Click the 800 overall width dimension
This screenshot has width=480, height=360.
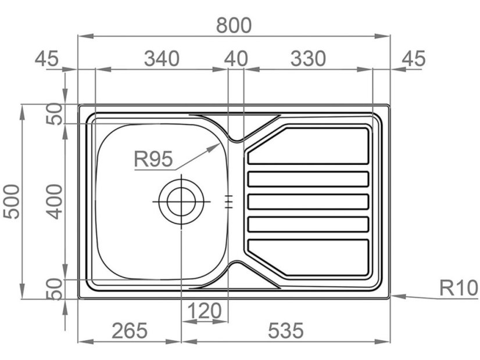[234, 26]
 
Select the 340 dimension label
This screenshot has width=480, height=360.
[162, 59]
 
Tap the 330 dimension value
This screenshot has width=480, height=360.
[308, 59]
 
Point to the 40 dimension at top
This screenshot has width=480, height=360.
[236, 59]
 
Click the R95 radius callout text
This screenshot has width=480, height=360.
[153, 159]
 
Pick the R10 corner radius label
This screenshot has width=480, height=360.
[458, 288]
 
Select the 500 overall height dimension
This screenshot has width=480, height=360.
[12, 201]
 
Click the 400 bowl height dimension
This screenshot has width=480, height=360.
[55, 201]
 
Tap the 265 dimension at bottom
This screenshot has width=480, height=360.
[130, 330]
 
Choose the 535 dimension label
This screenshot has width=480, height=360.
[285, 330]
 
